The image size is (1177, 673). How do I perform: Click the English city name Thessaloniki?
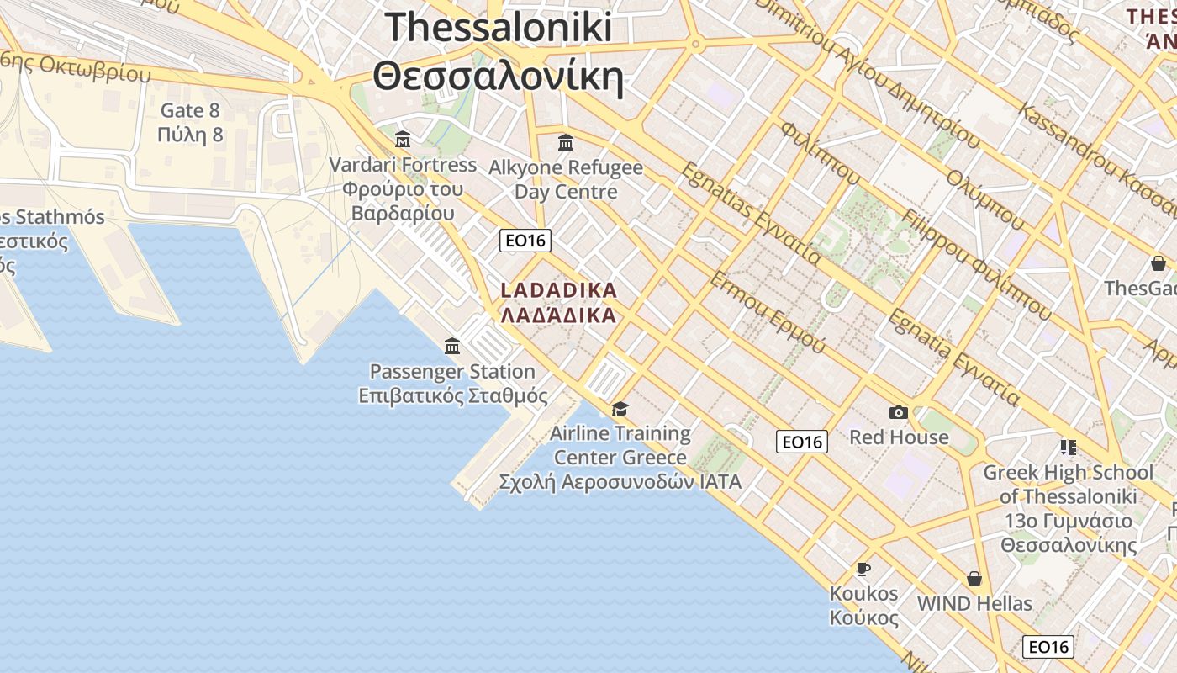pos(499,28)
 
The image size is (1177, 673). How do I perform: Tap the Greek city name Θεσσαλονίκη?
pos(499,78)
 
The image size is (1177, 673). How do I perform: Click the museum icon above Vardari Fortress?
pos(403,139)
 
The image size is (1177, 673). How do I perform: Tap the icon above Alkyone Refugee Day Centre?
pos(566,141)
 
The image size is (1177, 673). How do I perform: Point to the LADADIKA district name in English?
pos(559,290)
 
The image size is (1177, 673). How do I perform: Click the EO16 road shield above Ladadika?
pos(525,241)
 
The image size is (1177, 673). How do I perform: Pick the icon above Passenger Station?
pos(452,346)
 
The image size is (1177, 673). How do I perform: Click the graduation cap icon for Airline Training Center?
pos(620,409)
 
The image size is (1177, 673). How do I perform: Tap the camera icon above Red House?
pos(899,412)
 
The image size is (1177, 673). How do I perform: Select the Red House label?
pos(899,437)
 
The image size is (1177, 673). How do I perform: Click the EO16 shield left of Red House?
pos(801,442)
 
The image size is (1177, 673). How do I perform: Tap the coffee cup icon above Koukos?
pos(863,569)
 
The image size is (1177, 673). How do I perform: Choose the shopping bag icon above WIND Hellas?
pos(974,579)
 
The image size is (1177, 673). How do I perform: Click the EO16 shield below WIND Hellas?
pos(1048,647)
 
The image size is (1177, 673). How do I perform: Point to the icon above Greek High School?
pos(1069,447)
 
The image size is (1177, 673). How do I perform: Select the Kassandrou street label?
pos(1068,139)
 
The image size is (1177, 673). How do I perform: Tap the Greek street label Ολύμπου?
pos(984,199)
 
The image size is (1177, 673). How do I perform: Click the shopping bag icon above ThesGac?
pos(1159,263)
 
